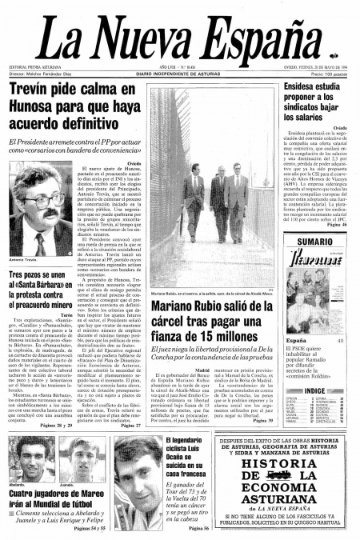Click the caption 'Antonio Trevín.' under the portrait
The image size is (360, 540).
point(23,260)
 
